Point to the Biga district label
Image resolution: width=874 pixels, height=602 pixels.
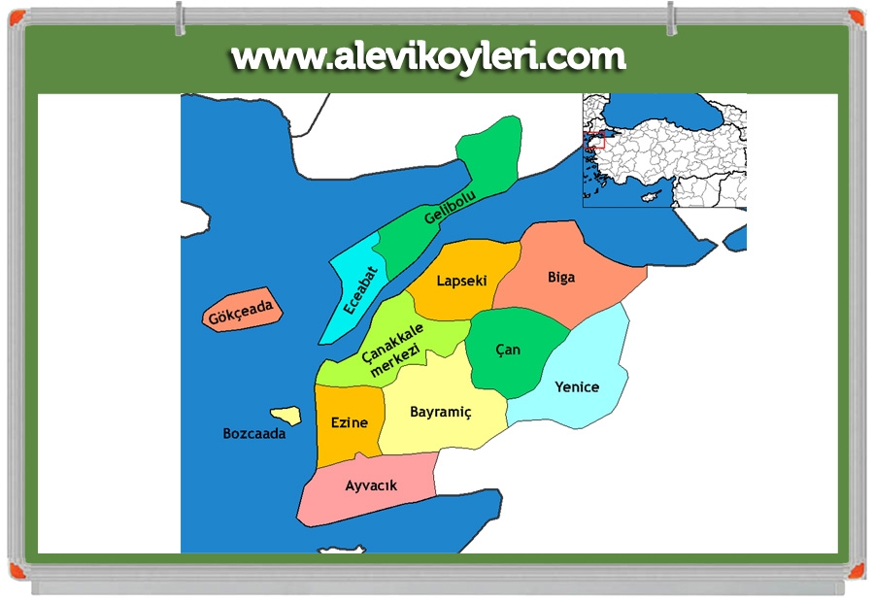click(x=561, y=277)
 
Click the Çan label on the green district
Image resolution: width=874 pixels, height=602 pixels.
click(x=508, y=349)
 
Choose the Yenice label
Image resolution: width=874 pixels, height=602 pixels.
click(x=577, y=386)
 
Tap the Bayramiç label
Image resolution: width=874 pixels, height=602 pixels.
click(x=440, y=412)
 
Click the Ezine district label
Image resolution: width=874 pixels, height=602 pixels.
click(x=350, y=422)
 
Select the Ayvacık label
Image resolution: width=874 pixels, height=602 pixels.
click(x=371, y=485)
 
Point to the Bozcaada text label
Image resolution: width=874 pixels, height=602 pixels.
click(x=254, y=434)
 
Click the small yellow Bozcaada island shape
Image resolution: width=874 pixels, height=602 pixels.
click(x=284, y=415)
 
